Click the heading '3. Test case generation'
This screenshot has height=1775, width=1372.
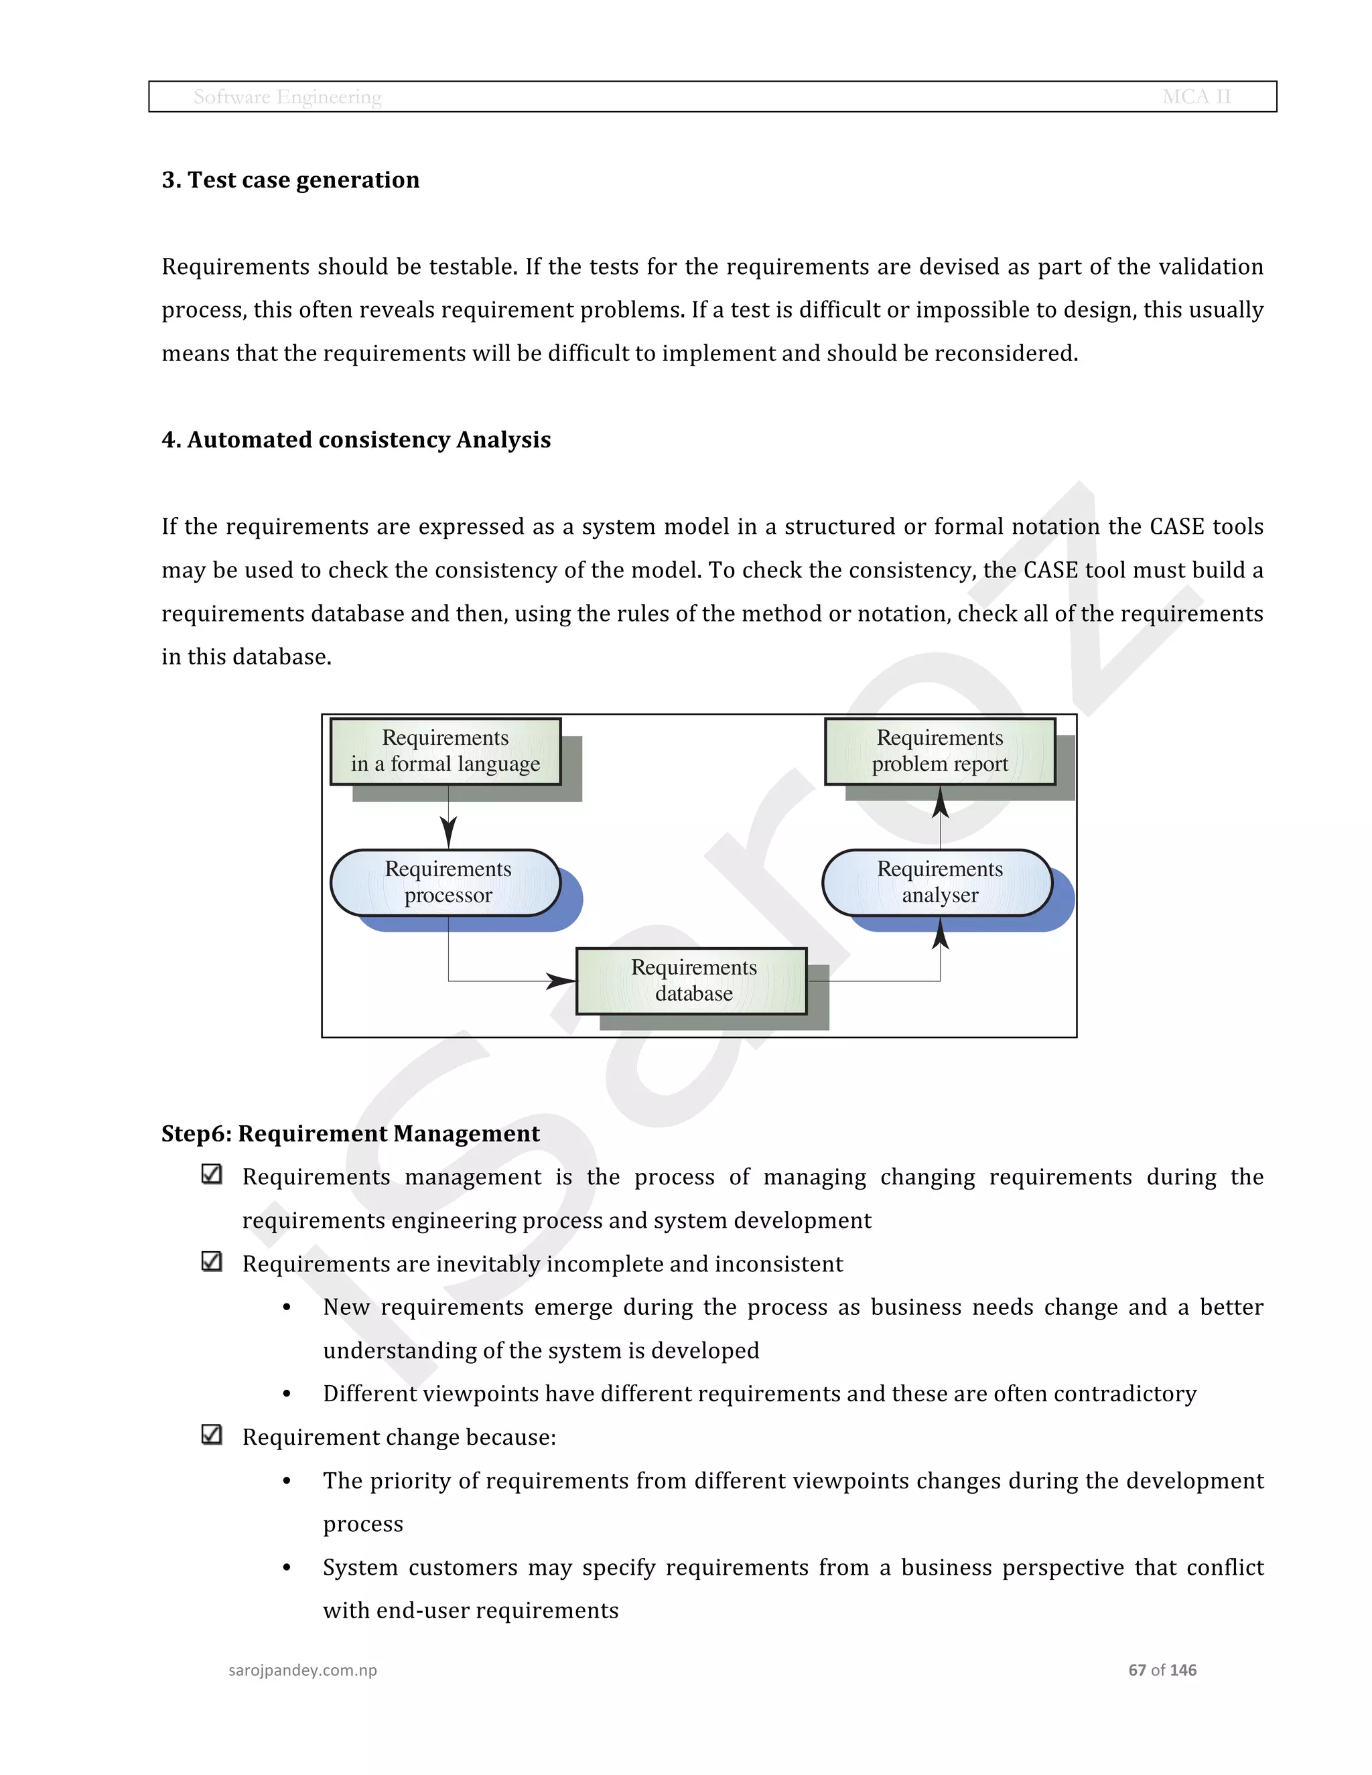(290, 180)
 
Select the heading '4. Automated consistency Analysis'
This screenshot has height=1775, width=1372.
(356, 439)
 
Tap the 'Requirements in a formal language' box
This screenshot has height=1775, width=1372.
(445, 751)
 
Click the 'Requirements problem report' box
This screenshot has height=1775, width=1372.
(940, 751)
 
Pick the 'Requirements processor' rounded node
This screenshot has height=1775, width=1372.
(446, 883)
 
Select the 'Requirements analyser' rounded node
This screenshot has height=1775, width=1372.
(938, 883)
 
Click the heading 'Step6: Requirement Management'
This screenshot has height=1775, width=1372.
(350, 1134)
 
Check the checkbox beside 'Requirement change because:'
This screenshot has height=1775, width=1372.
(211, 1435)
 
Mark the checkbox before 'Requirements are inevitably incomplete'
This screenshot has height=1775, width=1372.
(211, 1261)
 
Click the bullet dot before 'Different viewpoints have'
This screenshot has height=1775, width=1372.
(287, 1394)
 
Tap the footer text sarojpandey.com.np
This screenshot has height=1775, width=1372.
(302, 1670)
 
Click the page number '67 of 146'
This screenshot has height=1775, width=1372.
(1162, 1670)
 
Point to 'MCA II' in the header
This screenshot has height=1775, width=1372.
(1196, 96)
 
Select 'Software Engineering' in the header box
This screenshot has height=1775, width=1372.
(287, 96)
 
